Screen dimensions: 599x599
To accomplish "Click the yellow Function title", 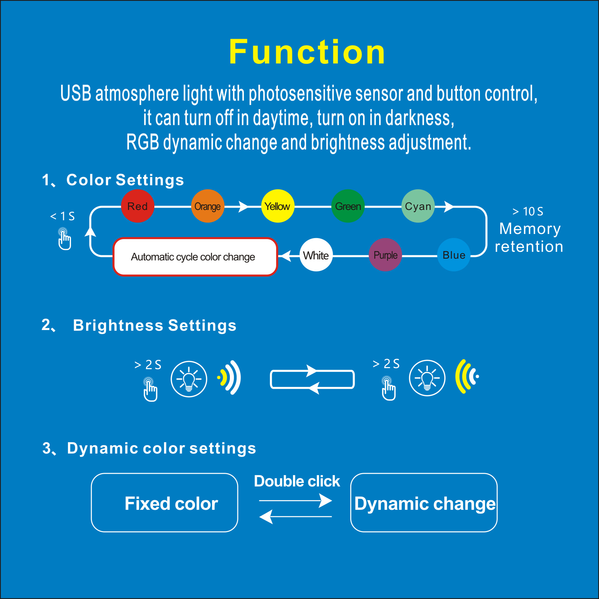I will click(x=307, y=52).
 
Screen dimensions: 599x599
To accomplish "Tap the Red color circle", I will click(x=138, y=206).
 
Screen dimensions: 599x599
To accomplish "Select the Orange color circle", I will click(x=208, y=206).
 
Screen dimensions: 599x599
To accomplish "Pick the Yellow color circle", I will click(x=278, y=206).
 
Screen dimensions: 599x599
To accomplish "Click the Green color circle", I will click(x=348, y=206).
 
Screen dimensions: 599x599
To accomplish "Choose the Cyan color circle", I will click(x=418, y=206).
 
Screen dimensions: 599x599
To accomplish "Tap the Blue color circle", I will click(x=454, y=255).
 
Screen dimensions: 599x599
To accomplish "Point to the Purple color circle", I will click(x=385, y=255).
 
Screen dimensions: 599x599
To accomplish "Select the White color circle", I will click(x=316, y=255).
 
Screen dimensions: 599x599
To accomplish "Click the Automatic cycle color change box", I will click(x=195, y=257).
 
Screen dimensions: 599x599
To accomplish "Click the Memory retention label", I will click(x=529, y=237).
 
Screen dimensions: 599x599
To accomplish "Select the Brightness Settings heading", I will click(x=155, y=325).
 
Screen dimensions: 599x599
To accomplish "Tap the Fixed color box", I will click(x=165, y=503).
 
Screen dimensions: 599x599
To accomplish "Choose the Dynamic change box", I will click(x=424, y=503).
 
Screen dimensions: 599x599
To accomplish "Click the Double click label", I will click(x=297, y=481).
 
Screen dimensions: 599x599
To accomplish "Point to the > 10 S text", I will click(x=528, y=211).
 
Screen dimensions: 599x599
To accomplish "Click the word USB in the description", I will click(x=76, y=93).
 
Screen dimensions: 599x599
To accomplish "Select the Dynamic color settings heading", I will click(x=161, y=448).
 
